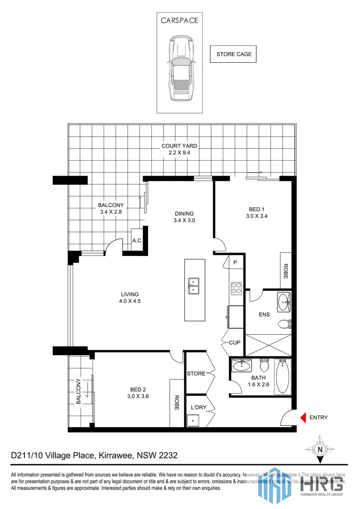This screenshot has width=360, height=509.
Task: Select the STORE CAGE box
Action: [x=234, y=54]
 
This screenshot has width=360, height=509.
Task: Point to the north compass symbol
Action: [x=320, y=449]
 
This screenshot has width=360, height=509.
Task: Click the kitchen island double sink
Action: [x=194, y=286]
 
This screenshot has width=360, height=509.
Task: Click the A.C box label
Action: [x=137, y=241]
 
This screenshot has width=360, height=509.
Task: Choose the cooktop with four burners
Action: [x=236, y=288]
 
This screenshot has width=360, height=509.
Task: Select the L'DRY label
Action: [x=196, y=407]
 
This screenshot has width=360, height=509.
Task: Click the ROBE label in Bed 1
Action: [x=286, y=272]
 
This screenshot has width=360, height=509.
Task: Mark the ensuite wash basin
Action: [x=284, y=301]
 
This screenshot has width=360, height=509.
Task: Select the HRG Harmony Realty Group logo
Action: [x=302, y=483]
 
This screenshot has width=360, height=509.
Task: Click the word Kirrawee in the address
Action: [x=115, y=456]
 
